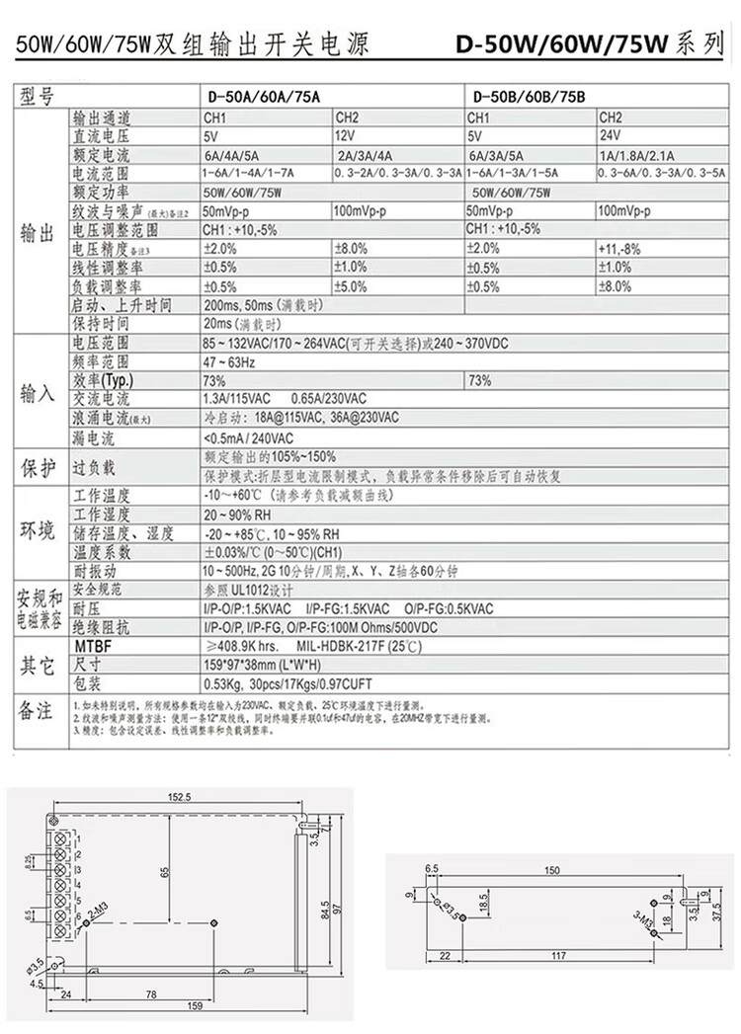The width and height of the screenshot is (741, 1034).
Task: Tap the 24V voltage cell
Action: pos(611,135)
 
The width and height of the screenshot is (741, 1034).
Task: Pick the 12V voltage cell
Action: pos(346,135)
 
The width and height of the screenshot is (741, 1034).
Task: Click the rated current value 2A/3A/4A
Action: pos(365,154)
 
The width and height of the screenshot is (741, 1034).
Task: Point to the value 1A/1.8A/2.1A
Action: pos(637,154)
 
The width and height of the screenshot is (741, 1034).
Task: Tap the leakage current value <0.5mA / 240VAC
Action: pos(248,437)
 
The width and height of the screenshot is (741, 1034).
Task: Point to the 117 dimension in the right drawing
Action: pos(558,956)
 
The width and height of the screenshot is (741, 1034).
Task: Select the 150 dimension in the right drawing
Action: pos(551,870)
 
